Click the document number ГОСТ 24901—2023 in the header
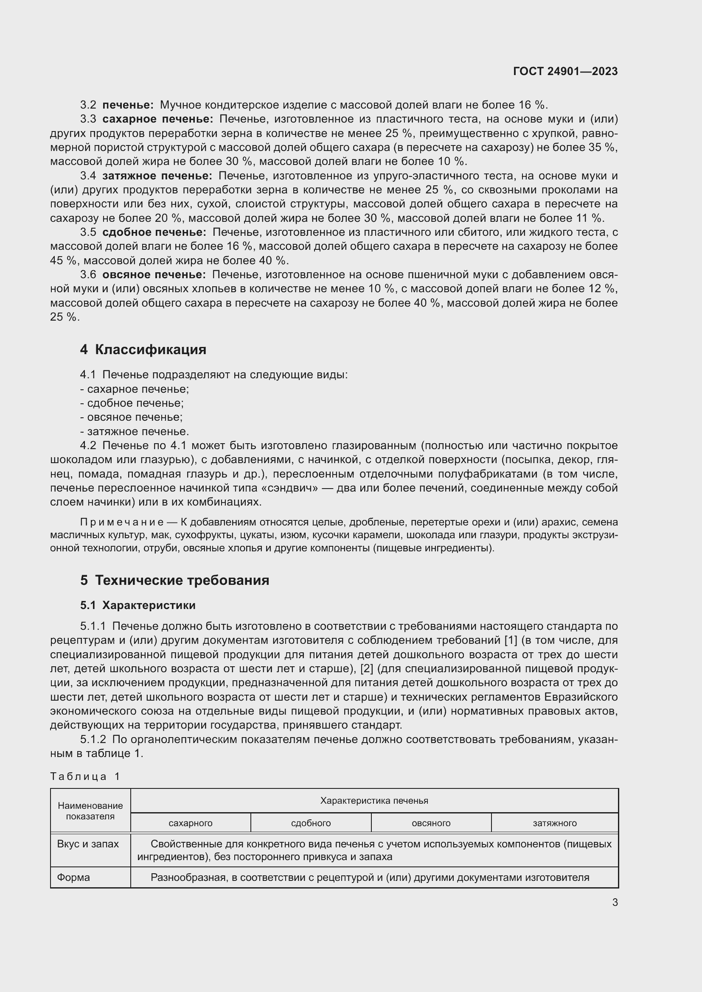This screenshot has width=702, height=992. (565, 71)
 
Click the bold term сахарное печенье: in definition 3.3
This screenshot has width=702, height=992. (158, 119)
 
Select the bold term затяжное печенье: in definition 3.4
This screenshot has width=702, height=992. (157, 176)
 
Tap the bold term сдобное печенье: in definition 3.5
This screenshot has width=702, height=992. (154, 232)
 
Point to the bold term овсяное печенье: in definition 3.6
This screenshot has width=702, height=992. (154, 275)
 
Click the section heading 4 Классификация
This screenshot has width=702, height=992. (143, 349)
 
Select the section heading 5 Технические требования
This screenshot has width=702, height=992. (174, 580)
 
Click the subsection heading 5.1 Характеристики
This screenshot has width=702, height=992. (138, 605)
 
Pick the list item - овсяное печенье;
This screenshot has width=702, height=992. (132, 417)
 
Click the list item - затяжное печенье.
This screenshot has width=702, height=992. (135, 432)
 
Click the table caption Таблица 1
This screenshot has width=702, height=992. (85, 777)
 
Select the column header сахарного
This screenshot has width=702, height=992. (191, 823)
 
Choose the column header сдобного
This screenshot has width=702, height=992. (311, 823)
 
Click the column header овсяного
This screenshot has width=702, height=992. (431, 823)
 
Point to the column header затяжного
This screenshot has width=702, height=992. (555, 823)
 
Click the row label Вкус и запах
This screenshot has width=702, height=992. (88, 844)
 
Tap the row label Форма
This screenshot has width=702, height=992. (73, 877)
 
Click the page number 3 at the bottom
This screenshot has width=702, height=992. (615, 902)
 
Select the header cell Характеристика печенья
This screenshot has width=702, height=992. (374, 801)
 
